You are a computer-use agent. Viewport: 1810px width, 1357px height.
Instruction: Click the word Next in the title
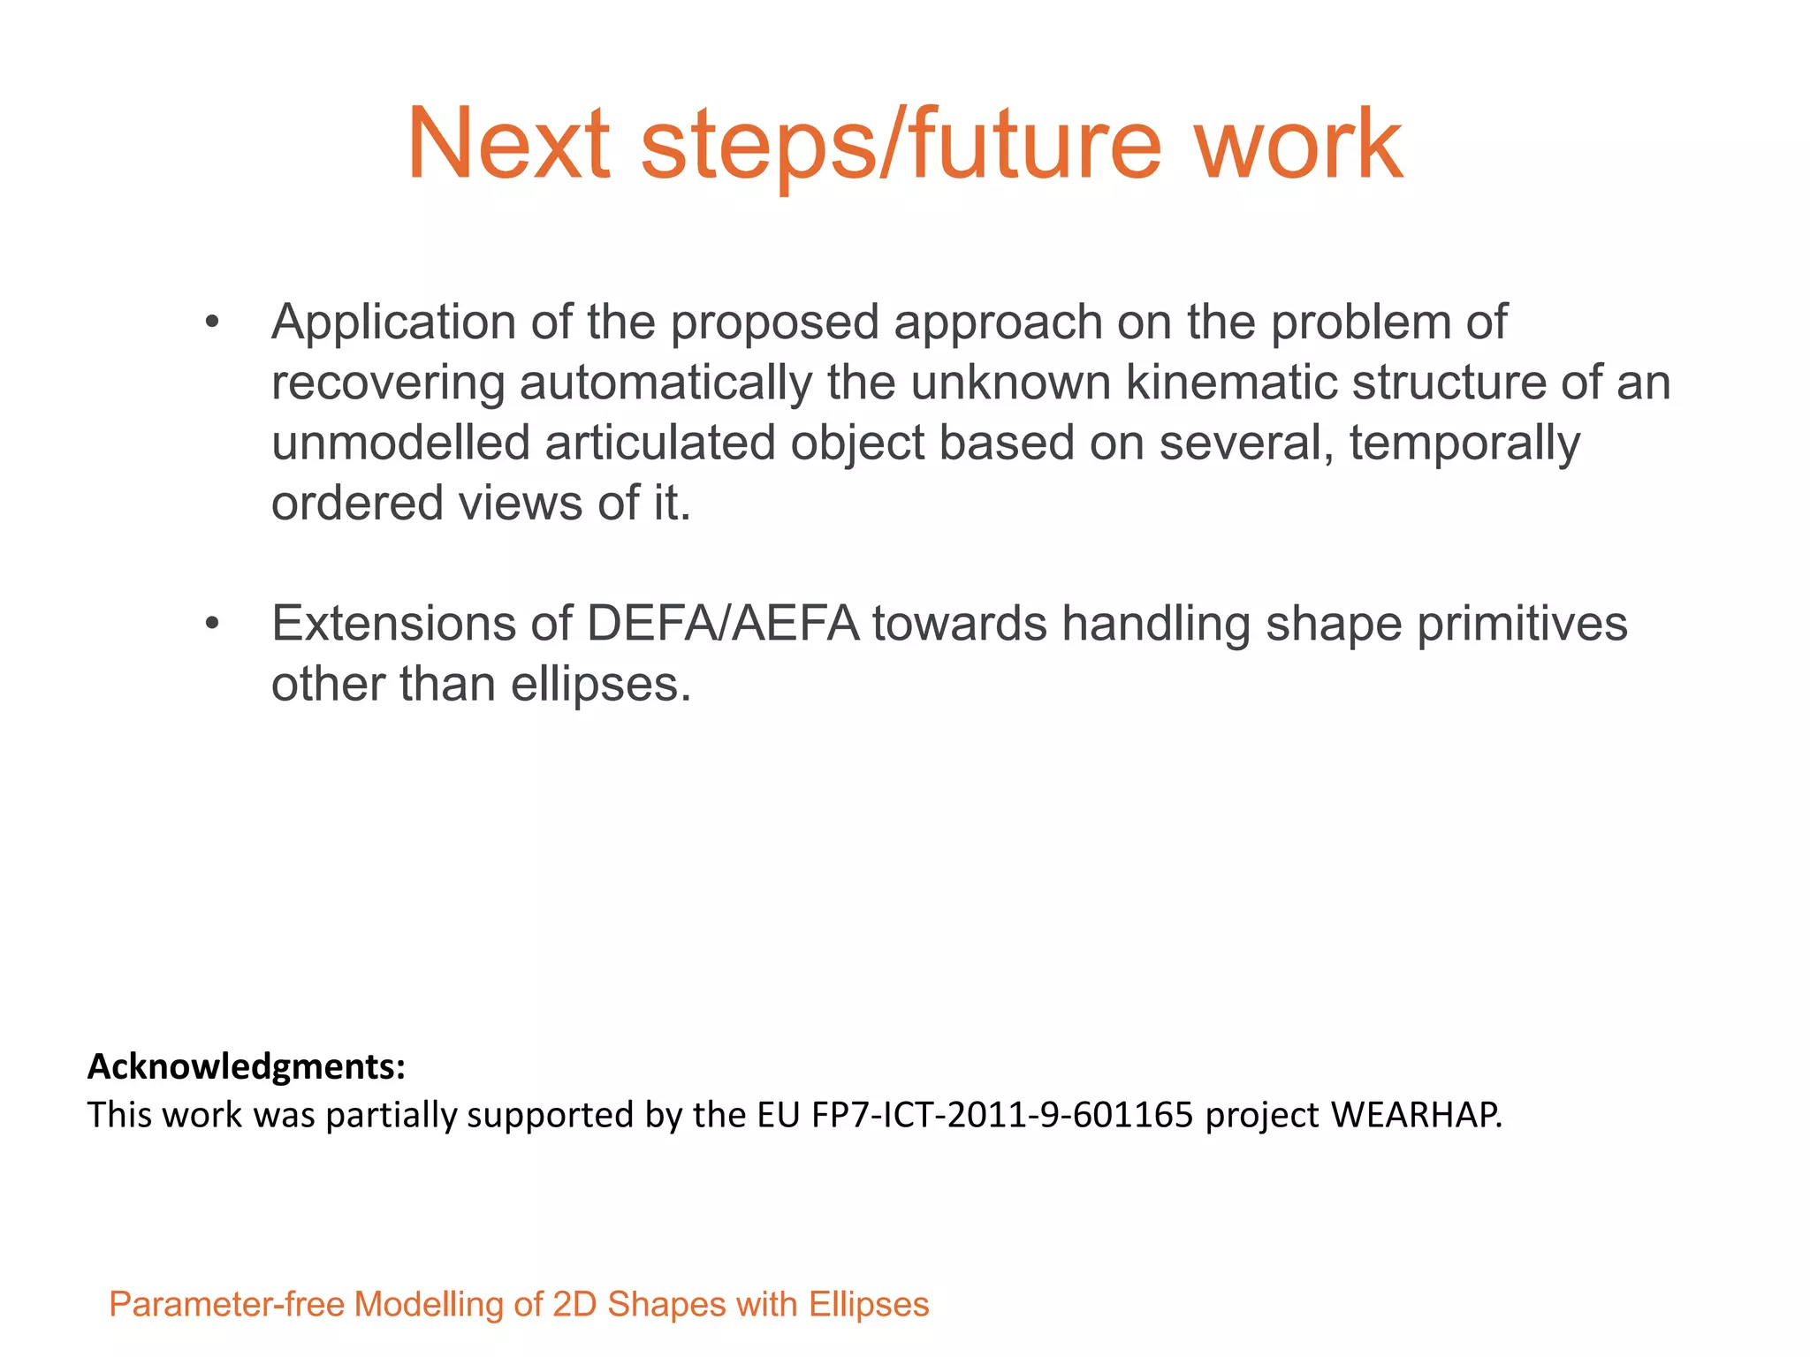508,144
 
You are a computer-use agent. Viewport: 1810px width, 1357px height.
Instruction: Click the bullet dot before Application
211,322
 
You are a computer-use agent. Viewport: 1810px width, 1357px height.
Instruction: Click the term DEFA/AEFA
722,624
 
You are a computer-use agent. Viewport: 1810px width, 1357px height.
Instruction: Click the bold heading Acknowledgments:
247,1067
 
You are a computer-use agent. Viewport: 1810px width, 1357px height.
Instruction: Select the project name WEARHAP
1416,1115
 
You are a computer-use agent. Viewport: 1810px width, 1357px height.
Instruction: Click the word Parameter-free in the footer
226,1305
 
